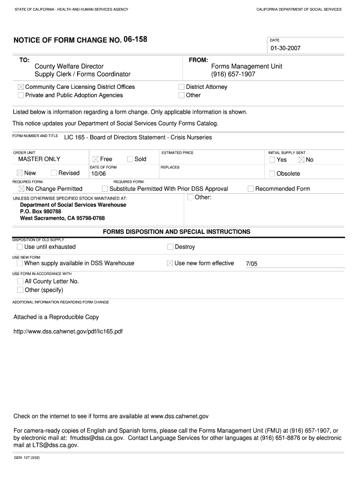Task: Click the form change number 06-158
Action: point(135,39)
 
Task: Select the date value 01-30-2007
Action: point(285,48)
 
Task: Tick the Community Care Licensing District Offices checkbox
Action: point(21,87)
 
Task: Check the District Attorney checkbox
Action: point(181,87)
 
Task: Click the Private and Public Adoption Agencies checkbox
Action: point(21,95)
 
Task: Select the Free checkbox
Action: point(95,160)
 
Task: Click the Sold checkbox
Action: point(130,159)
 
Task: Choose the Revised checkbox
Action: point(54,173)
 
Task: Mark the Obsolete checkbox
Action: point(272,174)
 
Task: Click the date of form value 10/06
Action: point(99,174)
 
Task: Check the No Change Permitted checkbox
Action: point(21,189)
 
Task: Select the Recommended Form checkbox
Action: point(251,189)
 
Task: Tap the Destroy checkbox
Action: point(170,247)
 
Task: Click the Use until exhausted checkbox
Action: point(20,247)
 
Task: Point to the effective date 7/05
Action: point(252,264)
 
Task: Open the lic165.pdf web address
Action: point(68,331)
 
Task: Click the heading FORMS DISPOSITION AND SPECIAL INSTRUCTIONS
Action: point(176,232)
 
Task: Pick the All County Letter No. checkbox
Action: point(20,282)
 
